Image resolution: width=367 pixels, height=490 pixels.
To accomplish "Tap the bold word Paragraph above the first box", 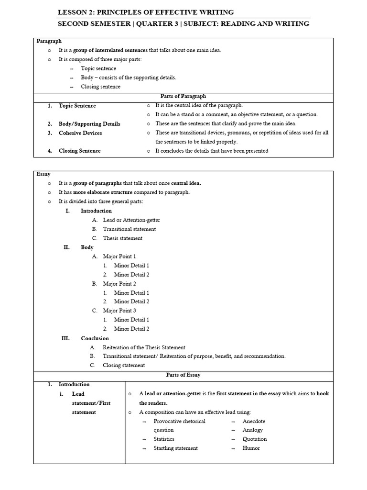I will (49, 41).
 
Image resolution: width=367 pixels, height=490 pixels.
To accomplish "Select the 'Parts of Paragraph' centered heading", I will (183, 96).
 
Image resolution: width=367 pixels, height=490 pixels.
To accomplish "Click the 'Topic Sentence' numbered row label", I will (77, 106).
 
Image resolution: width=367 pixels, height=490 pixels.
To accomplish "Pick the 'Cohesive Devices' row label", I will (80, 133).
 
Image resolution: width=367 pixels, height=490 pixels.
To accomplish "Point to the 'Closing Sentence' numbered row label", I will (79, 151).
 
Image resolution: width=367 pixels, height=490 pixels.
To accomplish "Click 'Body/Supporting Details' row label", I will (89, 124).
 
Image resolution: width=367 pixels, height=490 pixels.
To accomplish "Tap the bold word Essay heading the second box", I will (43, 174).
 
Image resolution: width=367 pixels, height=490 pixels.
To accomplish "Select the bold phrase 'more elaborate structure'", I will (103, 192).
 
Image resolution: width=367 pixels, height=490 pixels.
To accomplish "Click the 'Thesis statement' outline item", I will (122, 238).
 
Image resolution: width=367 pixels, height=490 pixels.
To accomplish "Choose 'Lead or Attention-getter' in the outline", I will (131, 220).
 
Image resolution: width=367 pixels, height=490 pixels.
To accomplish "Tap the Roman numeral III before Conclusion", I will (65, 338).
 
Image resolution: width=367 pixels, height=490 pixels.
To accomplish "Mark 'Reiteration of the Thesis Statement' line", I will (144, 347).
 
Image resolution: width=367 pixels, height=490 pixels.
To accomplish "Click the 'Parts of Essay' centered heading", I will (183, 375).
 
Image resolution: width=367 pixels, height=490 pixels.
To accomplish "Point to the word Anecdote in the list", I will (254, 421).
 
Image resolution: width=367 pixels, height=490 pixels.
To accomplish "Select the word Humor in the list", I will (251, 448).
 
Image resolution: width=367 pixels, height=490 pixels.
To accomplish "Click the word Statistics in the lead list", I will (164, 439).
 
